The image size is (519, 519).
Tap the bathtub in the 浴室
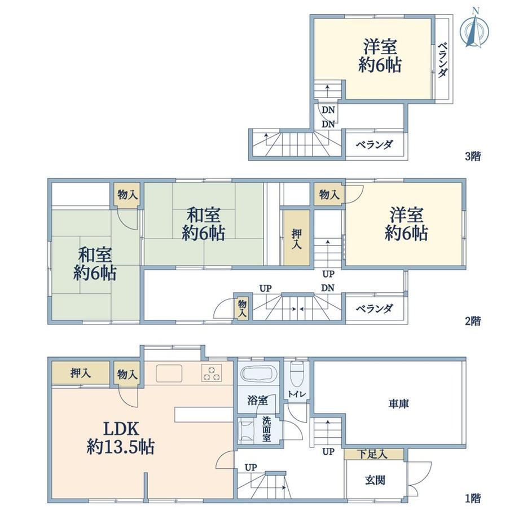point(258,373)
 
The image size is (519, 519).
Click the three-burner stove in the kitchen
point(212,373)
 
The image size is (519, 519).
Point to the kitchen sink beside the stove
point(169,373)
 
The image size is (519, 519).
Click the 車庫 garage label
point(398,404)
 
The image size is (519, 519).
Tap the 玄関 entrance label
point(375,480)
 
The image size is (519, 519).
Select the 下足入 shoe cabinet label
point(372,454)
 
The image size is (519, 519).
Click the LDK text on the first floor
point(121,429)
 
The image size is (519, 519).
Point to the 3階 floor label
point(473,156)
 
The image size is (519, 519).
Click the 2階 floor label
point(473,321)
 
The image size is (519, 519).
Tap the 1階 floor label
point(473,498)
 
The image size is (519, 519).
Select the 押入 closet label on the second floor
point(297,239)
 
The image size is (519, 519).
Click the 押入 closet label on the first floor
point(81,373)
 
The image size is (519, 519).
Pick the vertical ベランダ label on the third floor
point(442,60)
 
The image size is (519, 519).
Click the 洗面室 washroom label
point(266,429)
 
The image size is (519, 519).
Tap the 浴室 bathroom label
point(257,401)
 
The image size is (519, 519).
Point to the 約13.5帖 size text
point(121,447)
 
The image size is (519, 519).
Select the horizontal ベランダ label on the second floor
point(375,309)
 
